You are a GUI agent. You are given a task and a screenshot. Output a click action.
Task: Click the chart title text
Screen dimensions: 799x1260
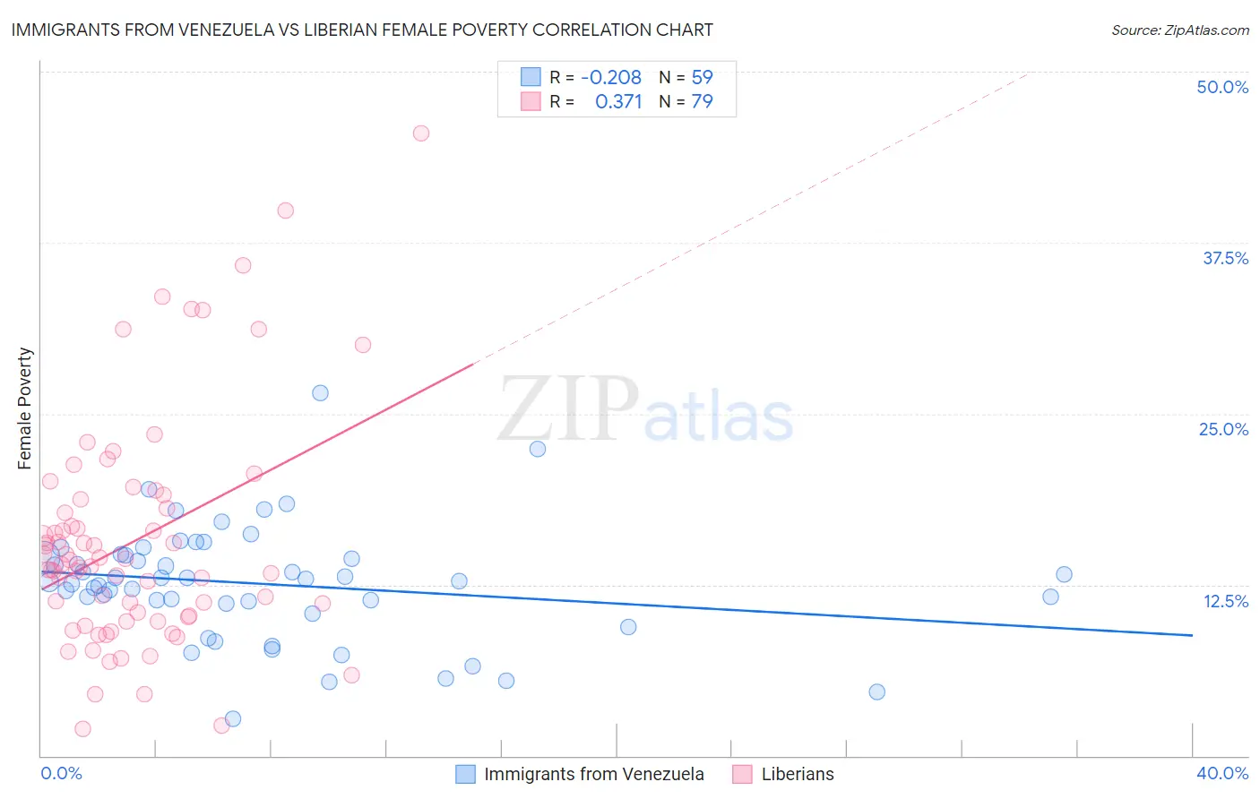[x=362, y=30]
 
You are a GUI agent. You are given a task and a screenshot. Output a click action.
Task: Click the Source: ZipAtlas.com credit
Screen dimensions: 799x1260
[x=1180, y=30]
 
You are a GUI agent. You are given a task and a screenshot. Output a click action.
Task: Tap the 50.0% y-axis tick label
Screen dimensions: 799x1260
[x=1222, y=87]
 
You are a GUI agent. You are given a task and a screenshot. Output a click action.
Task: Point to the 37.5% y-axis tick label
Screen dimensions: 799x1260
[x=1225, y=258]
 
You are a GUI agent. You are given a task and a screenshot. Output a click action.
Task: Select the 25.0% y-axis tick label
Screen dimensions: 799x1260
[x=1223, y=429]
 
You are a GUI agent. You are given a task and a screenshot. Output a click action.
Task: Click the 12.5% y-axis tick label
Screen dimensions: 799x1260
[x=1225, y=601]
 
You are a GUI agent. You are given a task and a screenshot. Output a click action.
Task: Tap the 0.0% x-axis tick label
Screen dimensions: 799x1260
[x=61, y=773]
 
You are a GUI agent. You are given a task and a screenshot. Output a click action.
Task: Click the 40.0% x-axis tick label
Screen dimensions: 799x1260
[x=1222, y=773]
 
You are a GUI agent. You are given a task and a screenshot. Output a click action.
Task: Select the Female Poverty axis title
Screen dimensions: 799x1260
[x=25, y=408]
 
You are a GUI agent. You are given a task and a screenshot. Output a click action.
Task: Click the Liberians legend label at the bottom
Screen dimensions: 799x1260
[x=798, y=774]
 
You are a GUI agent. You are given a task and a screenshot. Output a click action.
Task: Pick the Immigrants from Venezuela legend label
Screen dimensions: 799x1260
[x=594, y=774]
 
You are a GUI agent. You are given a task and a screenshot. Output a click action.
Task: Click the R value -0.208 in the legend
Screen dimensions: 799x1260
[x=611, y=77]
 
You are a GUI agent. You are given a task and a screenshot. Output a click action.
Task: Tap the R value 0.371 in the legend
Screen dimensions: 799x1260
[x=618, y=101]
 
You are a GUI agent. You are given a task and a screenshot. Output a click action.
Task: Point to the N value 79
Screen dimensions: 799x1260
[x=702, y=101]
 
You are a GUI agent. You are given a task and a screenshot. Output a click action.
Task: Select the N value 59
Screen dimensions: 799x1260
[x=702, y=77]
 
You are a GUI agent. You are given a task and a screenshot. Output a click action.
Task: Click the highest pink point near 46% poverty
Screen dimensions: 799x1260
[x=421, y=133]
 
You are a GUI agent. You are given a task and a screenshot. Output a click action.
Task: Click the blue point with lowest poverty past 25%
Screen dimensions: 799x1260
[x=876, y=692]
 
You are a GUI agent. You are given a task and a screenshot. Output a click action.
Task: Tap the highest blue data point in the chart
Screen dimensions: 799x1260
[x=320, y=392]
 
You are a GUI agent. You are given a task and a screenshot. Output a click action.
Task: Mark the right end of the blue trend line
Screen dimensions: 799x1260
[x=1192, y=635]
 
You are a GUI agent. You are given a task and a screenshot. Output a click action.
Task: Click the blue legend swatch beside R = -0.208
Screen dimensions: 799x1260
[x=531, y=77]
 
